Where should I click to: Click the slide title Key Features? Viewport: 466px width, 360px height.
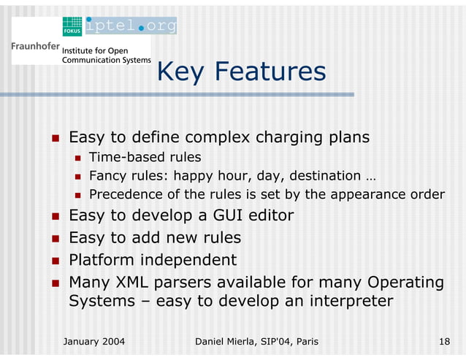[241, 72]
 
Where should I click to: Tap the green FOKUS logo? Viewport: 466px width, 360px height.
[72, 26]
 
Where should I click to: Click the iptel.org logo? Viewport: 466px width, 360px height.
[131, 26]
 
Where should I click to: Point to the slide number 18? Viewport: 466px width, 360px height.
[443, 341]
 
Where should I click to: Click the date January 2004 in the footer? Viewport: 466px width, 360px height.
[94, 341]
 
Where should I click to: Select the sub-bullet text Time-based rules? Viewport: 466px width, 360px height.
[145, 157]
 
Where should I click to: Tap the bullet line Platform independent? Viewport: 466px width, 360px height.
[152, 260]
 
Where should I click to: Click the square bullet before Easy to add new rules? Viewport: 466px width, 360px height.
[54, 239]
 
